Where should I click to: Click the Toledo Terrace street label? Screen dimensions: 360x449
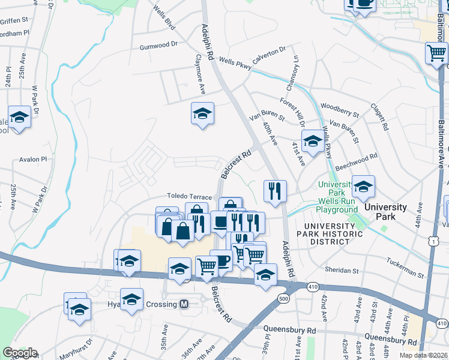click(189, 197)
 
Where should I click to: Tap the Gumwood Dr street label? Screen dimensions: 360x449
click(159, 46)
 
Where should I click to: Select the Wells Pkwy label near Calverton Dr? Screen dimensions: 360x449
click(234, 61)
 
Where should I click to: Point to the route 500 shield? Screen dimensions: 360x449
click(283, 298)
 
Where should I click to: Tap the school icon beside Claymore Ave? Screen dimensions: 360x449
click(203, 113)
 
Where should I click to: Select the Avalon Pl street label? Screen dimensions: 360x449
click(32, 160)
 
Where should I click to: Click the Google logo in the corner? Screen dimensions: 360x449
click(19, 352)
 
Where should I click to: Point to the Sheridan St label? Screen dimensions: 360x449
click(340, 269)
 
